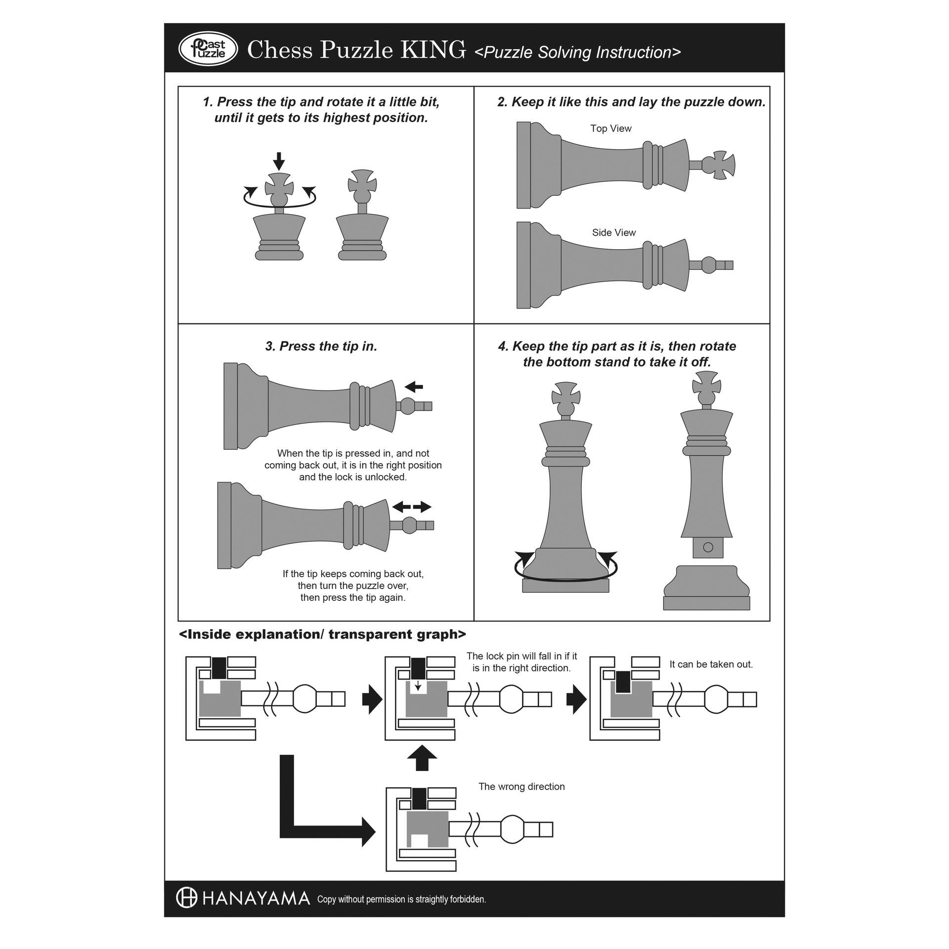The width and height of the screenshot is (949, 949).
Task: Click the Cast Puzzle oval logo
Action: coord(208,49)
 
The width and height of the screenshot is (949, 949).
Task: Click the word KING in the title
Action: coord(432,49)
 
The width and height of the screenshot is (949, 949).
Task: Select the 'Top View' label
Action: coord(611,129)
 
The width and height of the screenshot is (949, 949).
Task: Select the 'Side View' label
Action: coord(614,233)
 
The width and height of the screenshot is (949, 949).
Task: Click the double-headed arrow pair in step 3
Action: coord(412,507)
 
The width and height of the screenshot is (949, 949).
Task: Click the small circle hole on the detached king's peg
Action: coord(708,547)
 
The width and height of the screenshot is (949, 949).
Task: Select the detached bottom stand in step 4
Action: coord(706,588)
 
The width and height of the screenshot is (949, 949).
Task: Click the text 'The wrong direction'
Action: coord(521,786)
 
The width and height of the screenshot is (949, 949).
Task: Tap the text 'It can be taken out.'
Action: coord(711,664)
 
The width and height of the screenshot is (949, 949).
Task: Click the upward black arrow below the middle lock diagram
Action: coord(422,758)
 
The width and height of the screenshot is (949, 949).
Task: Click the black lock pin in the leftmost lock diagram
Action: coord(219,668)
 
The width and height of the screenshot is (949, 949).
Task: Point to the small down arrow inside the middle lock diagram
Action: coord(418,685)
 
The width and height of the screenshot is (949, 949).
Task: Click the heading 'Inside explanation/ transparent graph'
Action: coord(322,634)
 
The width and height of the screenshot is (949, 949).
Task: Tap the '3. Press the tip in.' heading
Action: coord(321,346)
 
